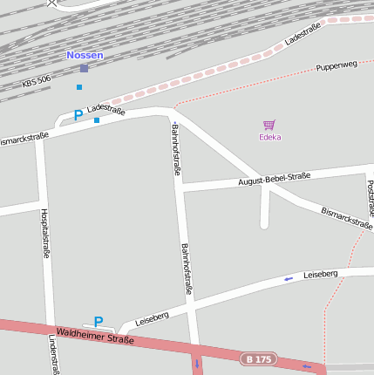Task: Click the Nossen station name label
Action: [x=85, y=55]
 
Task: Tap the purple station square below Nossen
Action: [x=84, y=68]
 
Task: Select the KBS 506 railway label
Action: [x=36, y=84]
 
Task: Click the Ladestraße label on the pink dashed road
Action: [x=303, y=34]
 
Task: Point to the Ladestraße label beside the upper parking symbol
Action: [x=106, y=110]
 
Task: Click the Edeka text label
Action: [x=269, y=137]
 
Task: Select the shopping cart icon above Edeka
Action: [x=269, y=125]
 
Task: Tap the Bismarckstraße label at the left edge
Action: [x=24, y=139]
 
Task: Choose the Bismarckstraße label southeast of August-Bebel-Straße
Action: [x=347, y=218]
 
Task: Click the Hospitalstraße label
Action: [x=44, y=234]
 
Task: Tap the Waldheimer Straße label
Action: [x=95, y=335]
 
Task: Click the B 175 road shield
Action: [x=258, y=359]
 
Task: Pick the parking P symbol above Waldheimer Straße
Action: [x=99, y=321]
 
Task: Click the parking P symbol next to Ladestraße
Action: [x=78, y=115]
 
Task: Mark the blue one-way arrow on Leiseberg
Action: [x=289, y=279]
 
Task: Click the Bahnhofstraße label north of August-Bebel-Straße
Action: [x=176, y=150]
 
